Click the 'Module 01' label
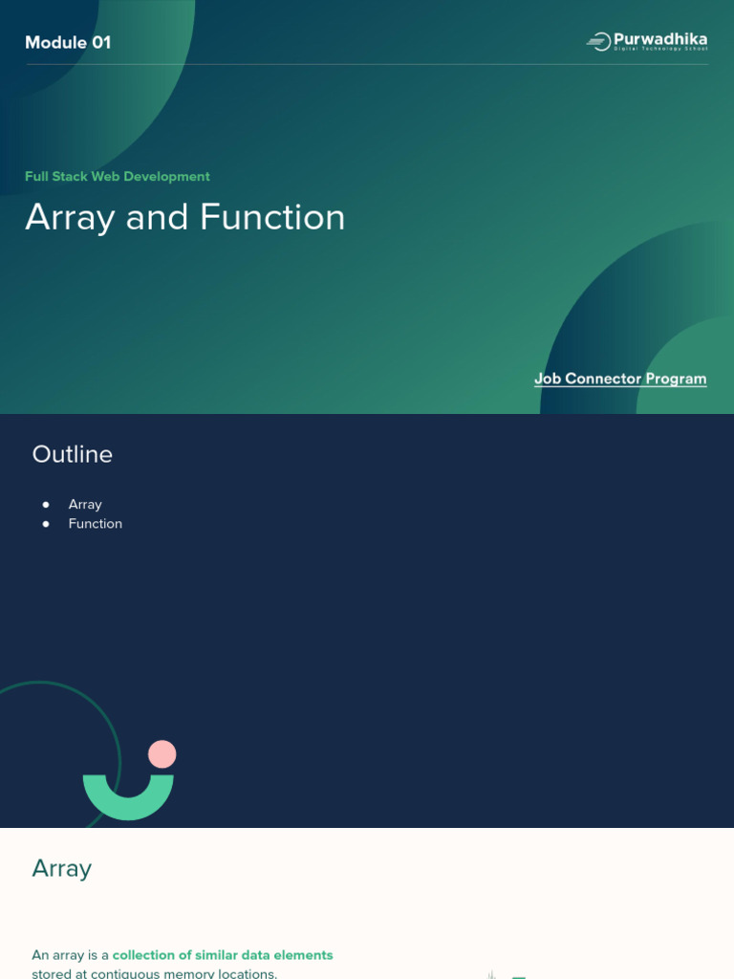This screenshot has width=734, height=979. coord(68,42)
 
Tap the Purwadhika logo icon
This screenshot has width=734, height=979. coord(597,41)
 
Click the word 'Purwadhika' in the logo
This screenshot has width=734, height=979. coord(660,38)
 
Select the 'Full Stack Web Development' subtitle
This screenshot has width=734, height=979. coord(118,177)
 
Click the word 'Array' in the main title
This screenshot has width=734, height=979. coord(70,218)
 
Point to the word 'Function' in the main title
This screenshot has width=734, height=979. coord(272,218)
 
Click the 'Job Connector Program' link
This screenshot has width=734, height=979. coord(620,379)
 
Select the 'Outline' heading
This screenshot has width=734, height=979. coord(73,454)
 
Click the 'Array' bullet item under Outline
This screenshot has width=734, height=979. coord(85,505)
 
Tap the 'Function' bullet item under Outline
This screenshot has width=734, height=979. coord(96,524)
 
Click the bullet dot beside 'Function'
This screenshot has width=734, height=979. coord(46,524)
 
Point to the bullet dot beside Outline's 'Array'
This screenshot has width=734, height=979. coord(46,505)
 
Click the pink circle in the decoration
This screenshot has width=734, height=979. coord(162,753)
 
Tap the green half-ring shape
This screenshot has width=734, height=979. coord(128,802)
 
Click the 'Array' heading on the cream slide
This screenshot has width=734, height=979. coord(62,868)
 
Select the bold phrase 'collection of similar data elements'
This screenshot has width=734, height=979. coord(223,955)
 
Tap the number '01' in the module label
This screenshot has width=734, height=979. coord(100,42)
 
